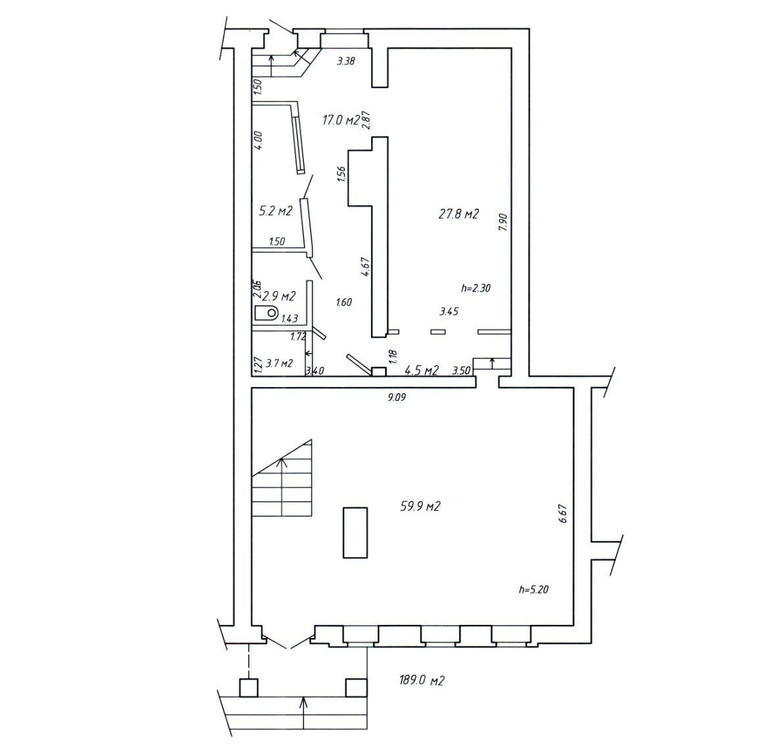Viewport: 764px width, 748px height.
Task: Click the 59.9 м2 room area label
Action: click(x=420, y=506)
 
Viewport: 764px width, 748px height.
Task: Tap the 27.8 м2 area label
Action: click(x=459, y=213)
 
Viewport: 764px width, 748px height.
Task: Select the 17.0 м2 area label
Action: click(x=341, y=120)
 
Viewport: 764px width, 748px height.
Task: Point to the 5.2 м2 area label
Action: click(x=275, y=211)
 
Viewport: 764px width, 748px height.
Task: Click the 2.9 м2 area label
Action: click(x=279, y=296)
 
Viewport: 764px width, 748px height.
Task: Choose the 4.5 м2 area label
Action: click(x=422, y=371)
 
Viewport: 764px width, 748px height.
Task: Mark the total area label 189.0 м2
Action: click(x=422, y=680)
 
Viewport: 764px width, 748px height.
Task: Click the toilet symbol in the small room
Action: click(x=266, y=312)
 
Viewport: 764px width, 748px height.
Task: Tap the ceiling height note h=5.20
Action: click(x=534, y=589)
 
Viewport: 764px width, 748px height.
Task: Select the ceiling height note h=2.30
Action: click(x=476, y=288)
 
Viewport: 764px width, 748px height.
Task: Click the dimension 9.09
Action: click(x=397, y=398)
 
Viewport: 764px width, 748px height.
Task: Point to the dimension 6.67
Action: click(x=563, y=514)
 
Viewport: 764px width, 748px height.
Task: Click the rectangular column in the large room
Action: click(x=355, y=532)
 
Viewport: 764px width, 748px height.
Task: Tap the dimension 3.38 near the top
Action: click(x=346, y=61)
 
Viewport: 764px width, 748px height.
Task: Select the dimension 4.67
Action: click(x=367, y=267)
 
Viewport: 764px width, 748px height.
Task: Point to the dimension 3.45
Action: click(x=449, y=311)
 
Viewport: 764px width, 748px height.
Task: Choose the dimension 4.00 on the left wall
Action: click(x=258, y=140)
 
